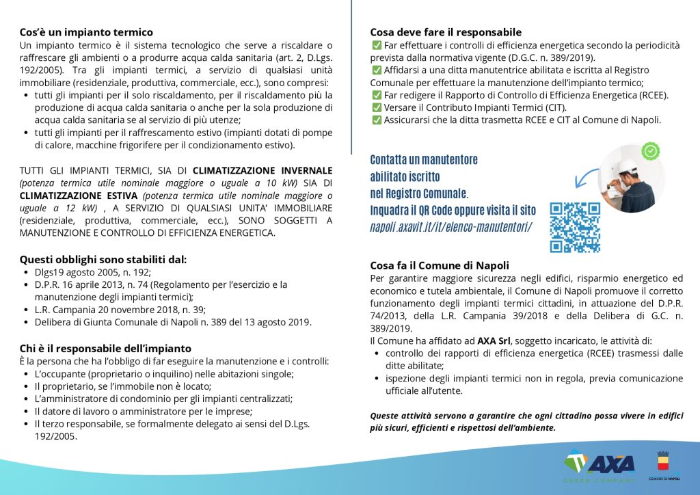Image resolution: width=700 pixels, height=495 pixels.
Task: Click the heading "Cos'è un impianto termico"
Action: (x=86, y=32)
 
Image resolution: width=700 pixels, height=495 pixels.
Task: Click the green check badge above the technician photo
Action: (x=651, y=150)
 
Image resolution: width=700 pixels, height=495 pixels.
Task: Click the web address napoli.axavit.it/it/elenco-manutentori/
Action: (x=451, y=226)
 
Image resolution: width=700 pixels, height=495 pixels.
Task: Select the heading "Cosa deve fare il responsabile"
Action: (x=446, y=32)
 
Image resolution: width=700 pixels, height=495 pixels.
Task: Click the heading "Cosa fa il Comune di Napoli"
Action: (x=440, y=265)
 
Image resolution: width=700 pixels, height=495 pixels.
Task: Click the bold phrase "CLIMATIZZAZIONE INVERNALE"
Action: (x=262, y=170)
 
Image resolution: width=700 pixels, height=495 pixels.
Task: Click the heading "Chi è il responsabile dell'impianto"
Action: (x=105, y=349)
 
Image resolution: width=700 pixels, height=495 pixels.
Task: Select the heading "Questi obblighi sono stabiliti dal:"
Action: (x=103, y=259)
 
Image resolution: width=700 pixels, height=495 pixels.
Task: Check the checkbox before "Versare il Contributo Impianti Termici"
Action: (x=376, y=108)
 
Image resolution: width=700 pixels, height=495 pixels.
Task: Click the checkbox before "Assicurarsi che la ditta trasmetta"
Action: (x=376, y=120)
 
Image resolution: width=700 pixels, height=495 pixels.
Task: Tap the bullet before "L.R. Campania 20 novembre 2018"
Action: (x=26, y=309)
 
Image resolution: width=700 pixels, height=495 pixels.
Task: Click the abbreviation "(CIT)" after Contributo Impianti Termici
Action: (x=554, y=108)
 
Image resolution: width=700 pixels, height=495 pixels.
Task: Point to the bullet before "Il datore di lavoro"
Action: (x=26, y=412)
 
